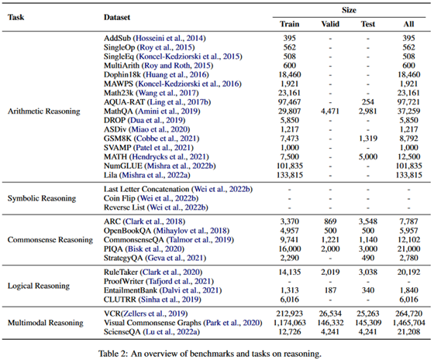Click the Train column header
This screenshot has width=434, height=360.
pyautogui.click(x=290, y=24)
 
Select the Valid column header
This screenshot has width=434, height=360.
pyautogui.click(x=330, y=24)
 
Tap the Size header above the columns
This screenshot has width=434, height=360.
pyautogui.click(x=349, y=10)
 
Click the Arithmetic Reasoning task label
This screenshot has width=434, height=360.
pyautogui.click(x=44, y=111)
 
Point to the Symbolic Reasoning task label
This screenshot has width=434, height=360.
pyautogui.click(x=42, y=198)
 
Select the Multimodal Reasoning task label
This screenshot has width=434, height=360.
pyautogui.click(x=46, y=323)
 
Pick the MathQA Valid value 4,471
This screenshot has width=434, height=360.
pyautogui.click(x=330, y=111)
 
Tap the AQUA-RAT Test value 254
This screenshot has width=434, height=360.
pyautogui.click(x=368, y=102)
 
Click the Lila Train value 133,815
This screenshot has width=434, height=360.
pyautogui.click(x=290, y=175)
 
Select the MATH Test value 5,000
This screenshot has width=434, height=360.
pyautogui.click(x=368, y=156)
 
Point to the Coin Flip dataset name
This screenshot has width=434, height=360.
pyautogui.click(x=119, y=198)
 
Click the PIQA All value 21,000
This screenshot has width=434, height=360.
pyautogui.click(x=408, y=249)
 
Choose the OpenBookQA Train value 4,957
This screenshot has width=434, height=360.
pyautogui.click(x=290, y=231)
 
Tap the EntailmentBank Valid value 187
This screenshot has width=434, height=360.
pyautogui.click(x=330, y=290)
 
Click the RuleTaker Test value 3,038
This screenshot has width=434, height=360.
pyautogui.click(x=368, y=272)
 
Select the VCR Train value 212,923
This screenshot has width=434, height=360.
pyautogui.click(x=290, y=314)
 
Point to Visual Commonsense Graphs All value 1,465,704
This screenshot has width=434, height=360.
pyautogui.click(x=408, y=323)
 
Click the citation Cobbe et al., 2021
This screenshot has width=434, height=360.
pyautogui.click(x=167, y=139)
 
